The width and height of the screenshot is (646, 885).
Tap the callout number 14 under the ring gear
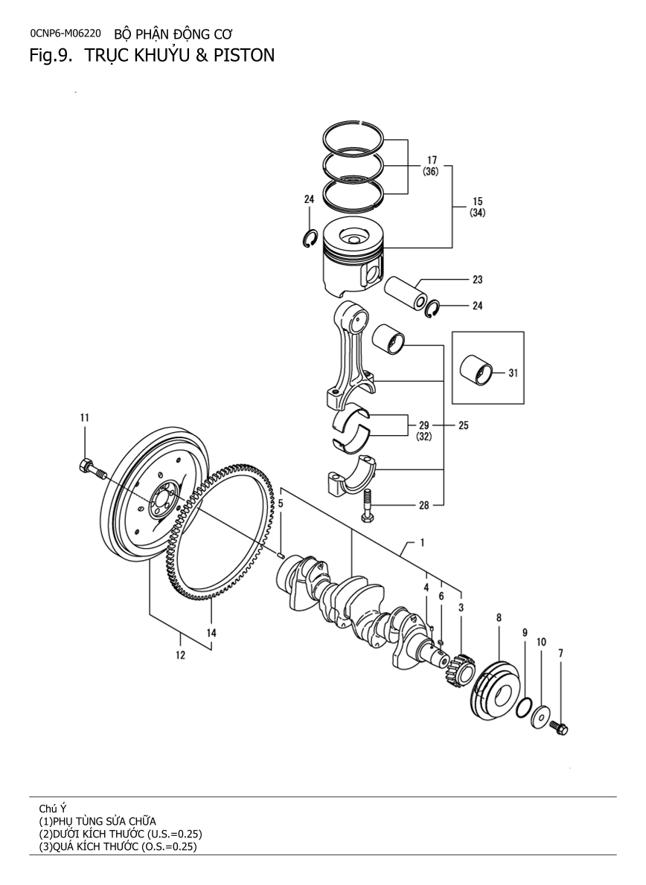pos(211,633)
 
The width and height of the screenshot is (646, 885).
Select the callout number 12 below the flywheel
pos(180,655)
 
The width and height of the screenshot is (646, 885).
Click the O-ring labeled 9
pos(524,707)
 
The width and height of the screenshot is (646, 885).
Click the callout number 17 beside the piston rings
pos(431,160)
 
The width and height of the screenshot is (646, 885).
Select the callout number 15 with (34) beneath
pos(477,202)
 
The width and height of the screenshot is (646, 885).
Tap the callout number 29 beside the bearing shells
pos(423,425)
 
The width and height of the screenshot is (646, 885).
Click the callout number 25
pos(463,426)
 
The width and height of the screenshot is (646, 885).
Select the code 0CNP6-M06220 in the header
pos(65,33)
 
